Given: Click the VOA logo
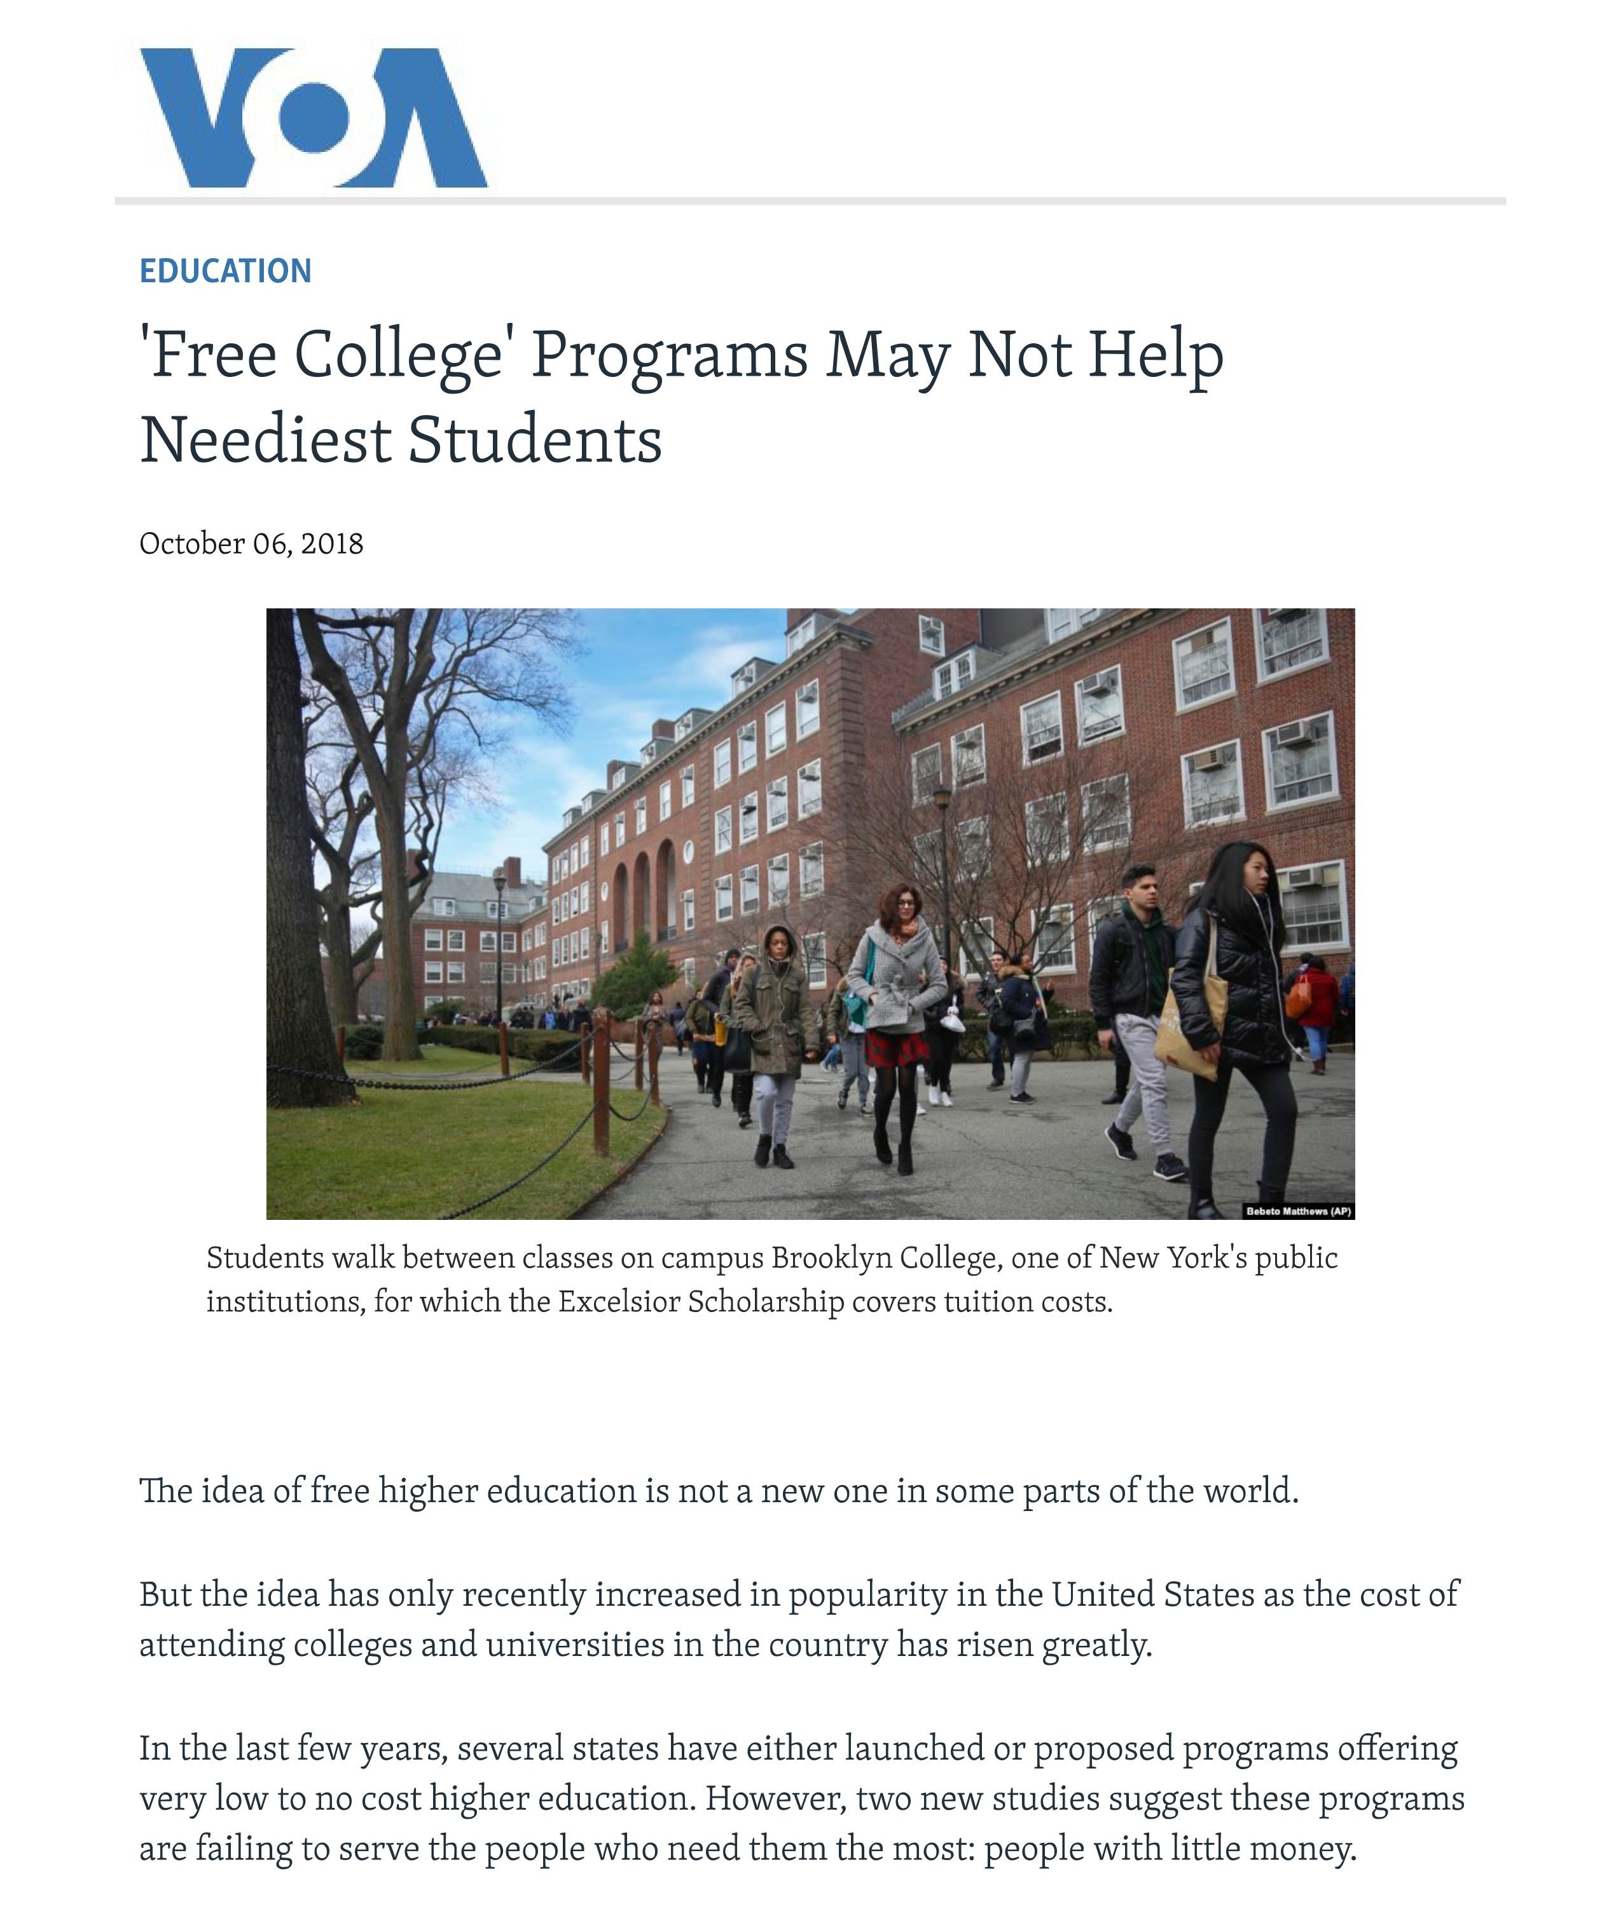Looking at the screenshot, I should click(x=314, y=117).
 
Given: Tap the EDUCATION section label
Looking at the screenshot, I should click(x=225, y=271).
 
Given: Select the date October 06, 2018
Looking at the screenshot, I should click(x=251, y=544).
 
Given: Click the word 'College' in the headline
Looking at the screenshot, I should click(x=399, y=355).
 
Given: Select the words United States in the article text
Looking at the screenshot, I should click(x=1152, y=1594).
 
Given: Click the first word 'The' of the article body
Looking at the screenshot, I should click(x=165, y=1491).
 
